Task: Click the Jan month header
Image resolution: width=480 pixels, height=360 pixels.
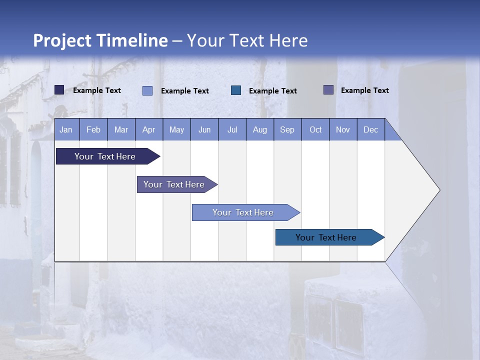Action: tap(66, 129)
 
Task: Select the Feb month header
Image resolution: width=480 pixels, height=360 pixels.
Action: tap(93, 129)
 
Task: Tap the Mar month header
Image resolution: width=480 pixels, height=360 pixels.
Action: tap(121, 129)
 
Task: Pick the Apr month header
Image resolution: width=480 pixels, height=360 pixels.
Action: tap(149, 129)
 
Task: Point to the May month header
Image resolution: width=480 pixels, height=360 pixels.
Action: tap(176, 129)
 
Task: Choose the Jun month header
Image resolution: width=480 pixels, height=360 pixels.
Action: tap(204, 129)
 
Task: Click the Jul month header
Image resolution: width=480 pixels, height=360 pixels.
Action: tap(232, 129)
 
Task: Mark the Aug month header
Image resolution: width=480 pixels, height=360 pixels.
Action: tap(260, 129)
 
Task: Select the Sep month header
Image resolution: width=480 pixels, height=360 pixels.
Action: tap(287, 129)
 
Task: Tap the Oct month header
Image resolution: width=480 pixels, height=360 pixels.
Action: tap(315, 129)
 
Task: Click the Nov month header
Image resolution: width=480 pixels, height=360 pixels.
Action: tap(343, 129)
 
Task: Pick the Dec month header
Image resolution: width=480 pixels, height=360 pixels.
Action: tap(371, 129)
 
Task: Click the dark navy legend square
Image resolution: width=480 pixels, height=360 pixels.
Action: tap(59, 90)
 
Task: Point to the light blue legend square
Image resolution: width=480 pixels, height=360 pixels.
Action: tap(147, 90)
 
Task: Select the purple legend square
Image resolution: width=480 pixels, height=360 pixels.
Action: tap(328, 90)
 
